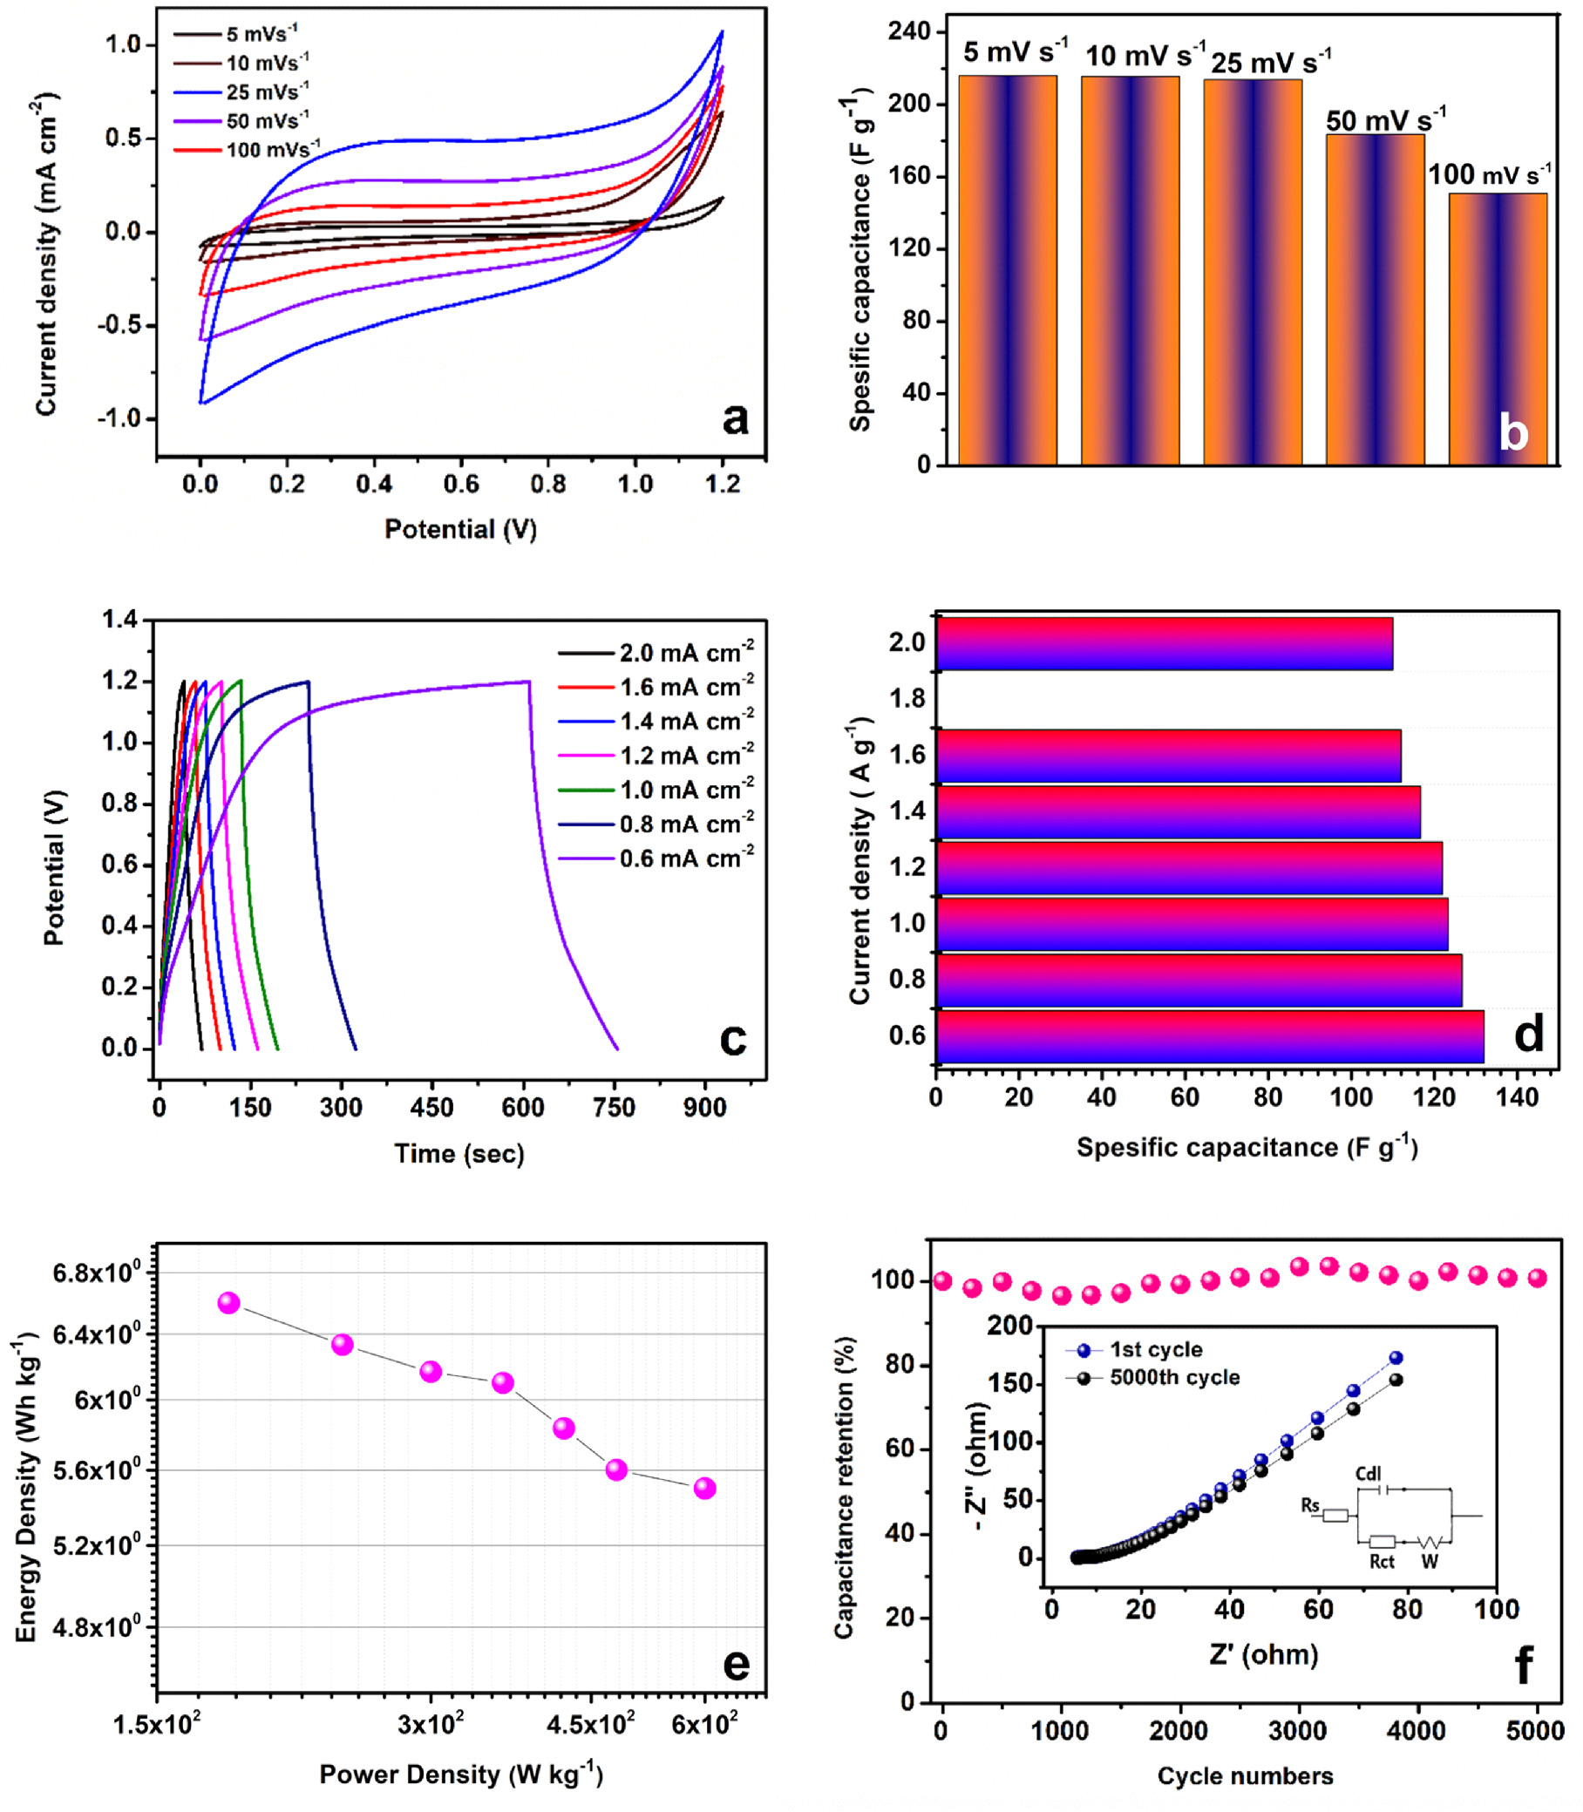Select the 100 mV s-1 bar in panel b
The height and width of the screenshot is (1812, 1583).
coord(1498,329)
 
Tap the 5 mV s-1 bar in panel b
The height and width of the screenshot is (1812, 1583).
coord(1007,269)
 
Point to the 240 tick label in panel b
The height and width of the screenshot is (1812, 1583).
coord(910,31)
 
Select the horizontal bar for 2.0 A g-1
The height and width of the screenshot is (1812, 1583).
coord(1165,644)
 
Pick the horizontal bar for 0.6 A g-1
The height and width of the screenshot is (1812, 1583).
coord(1209,1036)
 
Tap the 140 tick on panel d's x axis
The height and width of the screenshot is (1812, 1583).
coord(1518,1097)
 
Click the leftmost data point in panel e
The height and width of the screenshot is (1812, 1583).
coord(228,1302)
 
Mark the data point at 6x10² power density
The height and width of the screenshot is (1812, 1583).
coord(704,1488)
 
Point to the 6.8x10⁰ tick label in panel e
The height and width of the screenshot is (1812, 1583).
coord(97,1272)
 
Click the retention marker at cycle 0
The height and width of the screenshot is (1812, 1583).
coord(941,1280)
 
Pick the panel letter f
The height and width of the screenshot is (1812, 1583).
coord(1523,1665)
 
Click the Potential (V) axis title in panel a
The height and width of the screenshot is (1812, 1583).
coord(460,529)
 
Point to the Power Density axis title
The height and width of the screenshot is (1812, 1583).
coord(460,1775)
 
